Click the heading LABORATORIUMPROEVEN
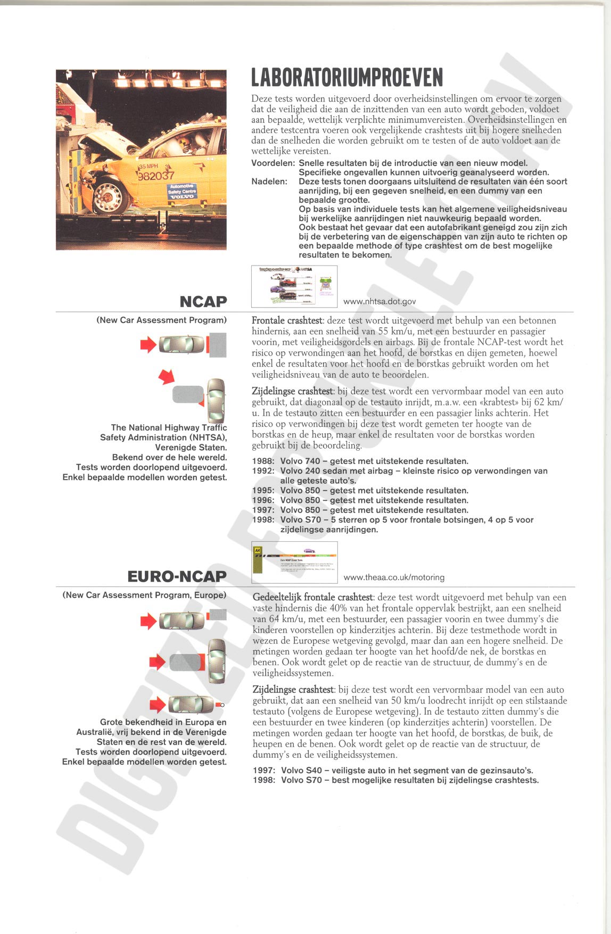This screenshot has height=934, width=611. (347, 77)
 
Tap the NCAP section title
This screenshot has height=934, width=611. (203, 302)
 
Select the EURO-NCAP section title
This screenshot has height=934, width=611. (177, 576)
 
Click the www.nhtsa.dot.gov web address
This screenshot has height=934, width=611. (379, 302)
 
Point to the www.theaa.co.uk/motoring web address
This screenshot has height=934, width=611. (394, 577)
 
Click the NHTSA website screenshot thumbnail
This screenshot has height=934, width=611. (294, 286)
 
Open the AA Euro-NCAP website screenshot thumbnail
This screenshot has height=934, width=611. (294, 562)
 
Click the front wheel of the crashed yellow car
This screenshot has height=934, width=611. (110, 197)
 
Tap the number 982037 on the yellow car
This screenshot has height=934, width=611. (156, 176)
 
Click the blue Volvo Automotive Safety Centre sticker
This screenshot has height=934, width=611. (182, 191)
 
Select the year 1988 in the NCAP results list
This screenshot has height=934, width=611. (263, 461)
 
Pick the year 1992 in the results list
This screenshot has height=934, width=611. (263, 471)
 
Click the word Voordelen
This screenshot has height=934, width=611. (273, 163)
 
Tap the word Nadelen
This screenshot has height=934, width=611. (269, 181)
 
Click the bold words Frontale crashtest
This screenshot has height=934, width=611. (287, 321)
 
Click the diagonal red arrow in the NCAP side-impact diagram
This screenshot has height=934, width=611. (167, 377)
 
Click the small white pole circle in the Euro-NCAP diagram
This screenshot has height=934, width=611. (222, 705)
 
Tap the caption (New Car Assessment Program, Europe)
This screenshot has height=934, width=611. (144, 595)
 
